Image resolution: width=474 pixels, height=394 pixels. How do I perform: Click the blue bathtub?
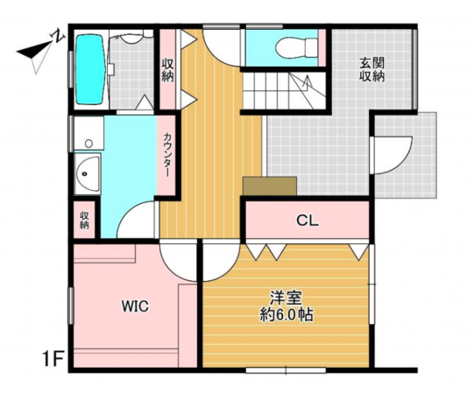click(x=90, y=69)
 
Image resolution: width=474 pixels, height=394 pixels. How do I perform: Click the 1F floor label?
click(x=53, y=360)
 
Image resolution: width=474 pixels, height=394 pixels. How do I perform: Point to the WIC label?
click(x=135, y=306)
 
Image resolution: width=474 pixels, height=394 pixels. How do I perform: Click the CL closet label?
click(x=308, y=221)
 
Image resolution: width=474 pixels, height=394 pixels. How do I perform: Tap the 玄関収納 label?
click(x=371, y=69)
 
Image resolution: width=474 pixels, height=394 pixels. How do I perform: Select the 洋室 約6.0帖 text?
click(x=287, y=306)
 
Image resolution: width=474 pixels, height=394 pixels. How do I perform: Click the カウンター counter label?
click(x=166, y=155)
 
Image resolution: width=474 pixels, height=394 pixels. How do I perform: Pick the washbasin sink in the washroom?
click(x=88, y=173)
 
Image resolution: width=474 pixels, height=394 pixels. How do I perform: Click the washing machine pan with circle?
click(x=88, y=133)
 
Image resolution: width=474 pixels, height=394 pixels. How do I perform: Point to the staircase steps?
click(x=284, y=91)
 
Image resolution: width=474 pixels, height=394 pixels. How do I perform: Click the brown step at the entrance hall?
click(x=270, y=186)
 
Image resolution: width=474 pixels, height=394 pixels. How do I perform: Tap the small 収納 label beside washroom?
click(x=84, y=221)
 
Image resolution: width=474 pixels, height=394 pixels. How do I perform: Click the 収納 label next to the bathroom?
click(x=167, y=69)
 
